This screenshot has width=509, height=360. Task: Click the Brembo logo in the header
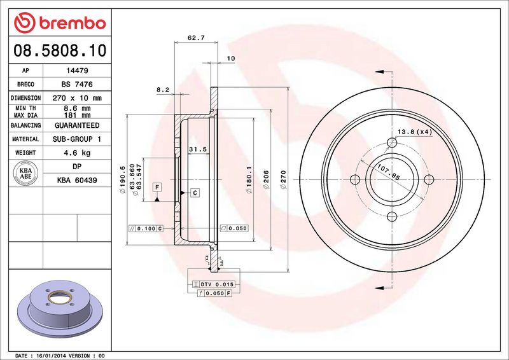[60, 23]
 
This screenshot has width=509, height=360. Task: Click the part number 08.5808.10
[60, 51]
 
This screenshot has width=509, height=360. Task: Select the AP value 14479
[77, 71]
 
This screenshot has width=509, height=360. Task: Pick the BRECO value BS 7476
[77, 85]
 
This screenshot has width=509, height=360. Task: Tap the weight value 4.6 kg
[77, 153]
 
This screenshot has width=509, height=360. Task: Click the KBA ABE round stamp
[25, 174]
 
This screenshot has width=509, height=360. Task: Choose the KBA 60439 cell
[77, 180]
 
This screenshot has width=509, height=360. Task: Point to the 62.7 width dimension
[196, 38]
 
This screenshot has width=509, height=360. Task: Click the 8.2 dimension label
[163, 90]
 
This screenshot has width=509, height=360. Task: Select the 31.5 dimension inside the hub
[198, 149]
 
